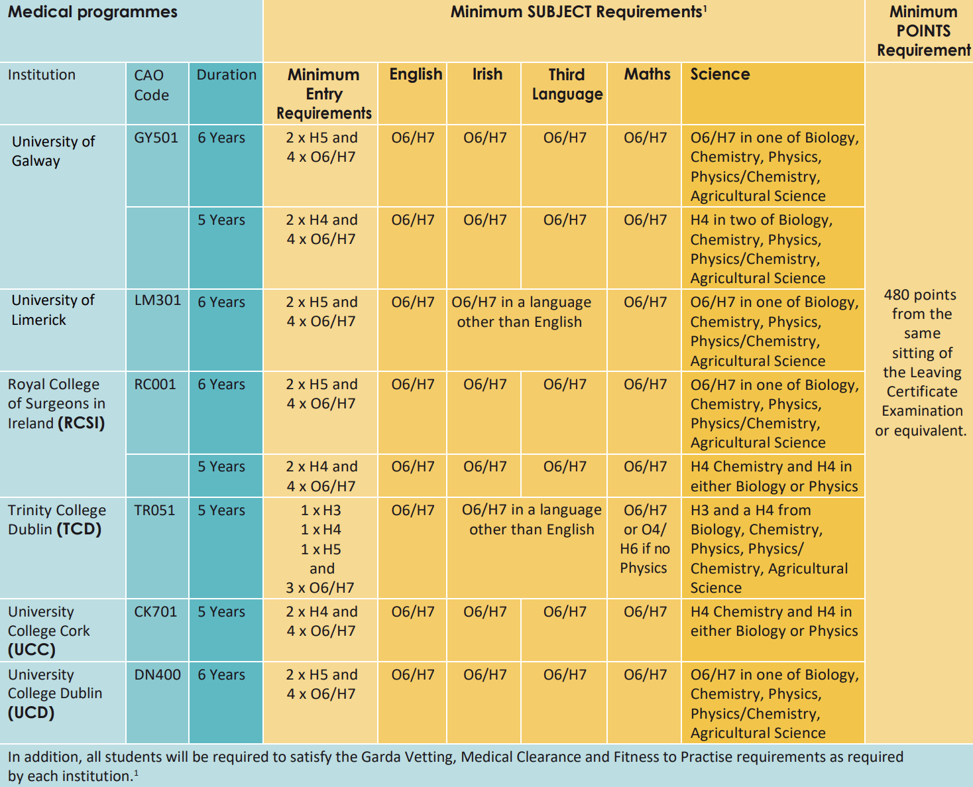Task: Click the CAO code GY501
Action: pos(156,138)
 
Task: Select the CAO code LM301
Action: pos(157,300)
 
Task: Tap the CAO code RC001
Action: pos(155,385)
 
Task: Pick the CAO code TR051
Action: pos(154,511)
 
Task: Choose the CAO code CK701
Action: pos(155,612)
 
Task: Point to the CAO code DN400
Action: pos(157,675)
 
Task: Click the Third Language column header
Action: pos(567,84)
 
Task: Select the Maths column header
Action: pos(647,74)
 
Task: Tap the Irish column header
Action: pos(487,74)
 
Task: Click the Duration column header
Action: pos(226,75)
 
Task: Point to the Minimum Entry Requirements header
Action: pos(323,93)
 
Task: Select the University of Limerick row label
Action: pos(53,310)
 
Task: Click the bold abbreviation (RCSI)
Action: pos(82,423)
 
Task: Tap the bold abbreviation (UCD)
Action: pos(31,713)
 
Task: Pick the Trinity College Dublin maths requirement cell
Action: pos(644,539)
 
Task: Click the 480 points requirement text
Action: pos(921,363)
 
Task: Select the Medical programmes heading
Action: pos(92,12)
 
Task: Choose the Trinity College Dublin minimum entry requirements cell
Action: pos(321,549)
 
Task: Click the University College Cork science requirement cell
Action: pos(773,621)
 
